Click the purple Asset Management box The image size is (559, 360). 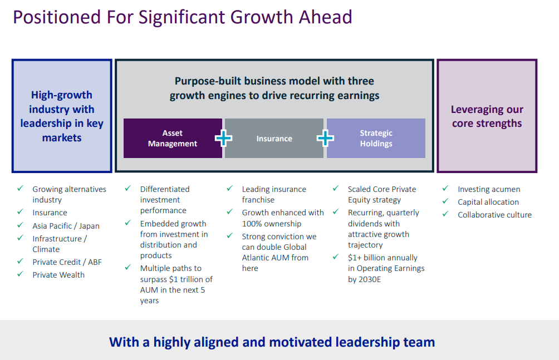[x=173, y=139]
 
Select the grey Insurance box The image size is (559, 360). [x=274, y=139]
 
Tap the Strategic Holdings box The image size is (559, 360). [x=376, y=139]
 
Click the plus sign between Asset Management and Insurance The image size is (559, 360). [x=223, y=139]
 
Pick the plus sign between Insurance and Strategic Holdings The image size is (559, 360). [x=325, y=139]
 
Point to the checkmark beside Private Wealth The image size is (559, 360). [x=20, y=274]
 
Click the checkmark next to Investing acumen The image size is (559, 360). [x=445, y=188]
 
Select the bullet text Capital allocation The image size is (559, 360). [x=488, y=202]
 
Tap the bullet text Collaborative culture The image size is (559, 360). [x=495, y=215]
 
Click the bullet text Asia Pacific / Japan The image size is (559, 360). [x=66, y=226]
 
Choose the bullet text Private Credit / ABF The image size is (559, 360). [x=67, y=262]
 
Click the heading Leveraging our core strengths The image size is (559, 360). [x=487, y=116]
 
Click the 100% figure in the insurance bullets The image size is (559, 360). [x=252, y=224]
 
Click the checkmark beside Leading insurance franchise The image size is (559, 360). [x=230, y=188]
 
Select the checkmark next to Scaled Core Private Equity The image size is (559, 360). [x=336, y=188]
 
